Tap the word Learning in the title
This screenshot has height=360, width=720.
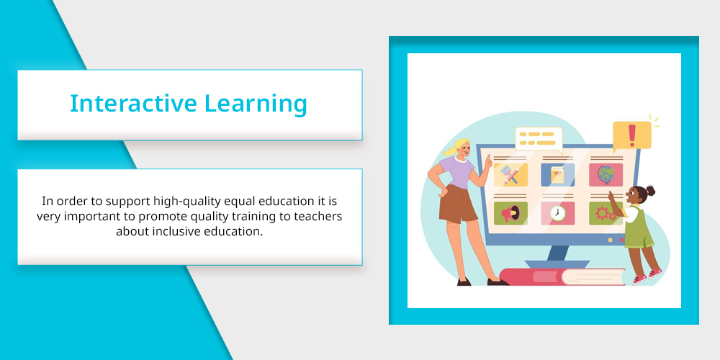[x=256, y=104]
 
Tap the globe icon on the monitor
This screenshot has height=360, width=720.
[x=606, y=174]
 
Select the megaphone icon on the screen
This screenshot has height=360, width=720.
[x=510, y=213]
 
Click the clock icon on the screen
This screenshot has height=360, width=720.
[x=558, y=214]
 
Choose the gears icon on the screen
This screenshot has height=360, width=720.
[x=605, y=214]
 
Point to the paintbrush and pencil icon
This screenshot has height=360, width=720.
[x=510, y=174]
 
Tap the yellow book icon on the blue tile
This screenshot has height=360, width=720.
[x=557, y=174]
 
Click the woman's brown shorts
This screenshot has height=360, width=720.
[x=458, y=204]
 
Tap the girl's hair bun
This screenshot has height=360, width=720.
[x=650, y=191]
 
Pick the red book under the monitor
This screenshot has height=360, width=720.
[x=562, y=276]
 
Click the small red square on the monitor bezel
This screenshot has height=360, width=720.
[x=621, y=240]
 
